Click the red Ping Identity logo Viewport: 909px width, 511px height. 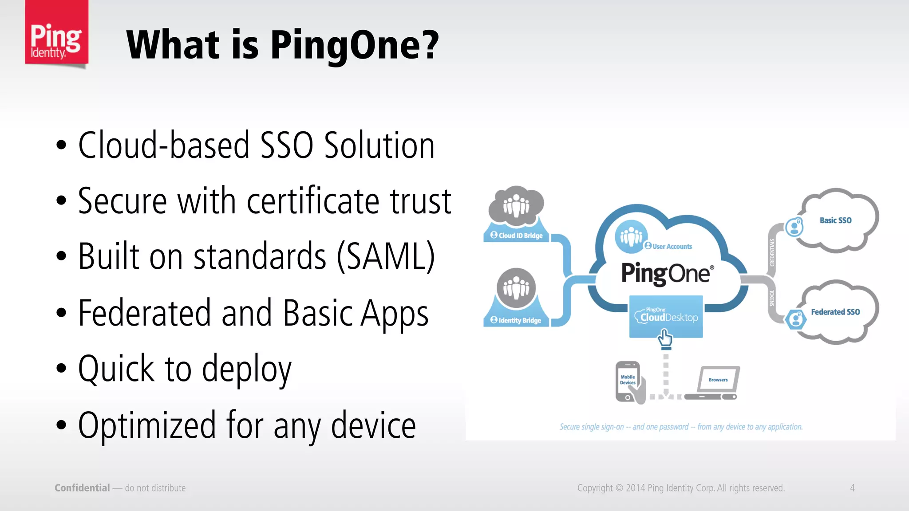[56, 33]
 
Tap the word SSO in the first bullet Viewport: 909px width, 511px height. [286, 145]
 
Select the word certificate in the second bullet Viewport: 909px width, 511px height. [313, 201]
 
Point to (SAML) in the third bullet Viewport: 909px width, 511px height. [386, 256]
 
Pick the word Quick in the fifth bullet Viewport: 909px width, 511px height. [116, 369]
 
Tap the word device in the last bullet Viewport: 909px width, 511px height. [373, 425]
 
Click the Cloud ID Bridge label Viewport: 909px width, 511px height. [517, 236]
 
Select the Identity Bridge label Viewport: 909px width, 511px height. [516, 320]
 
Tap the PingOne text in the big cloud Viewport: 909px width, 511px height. [666, 273]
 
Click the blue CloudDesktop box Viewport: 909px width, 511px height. [666, 316]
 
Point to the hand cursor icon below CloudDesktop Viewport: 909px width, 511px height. [665, 338]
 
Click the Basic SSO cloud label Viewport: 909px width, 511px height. [835, 220]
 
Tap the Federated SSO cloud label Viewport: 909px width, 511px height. [835, 312]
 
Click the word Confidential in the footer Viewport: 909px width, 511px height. [82, 488]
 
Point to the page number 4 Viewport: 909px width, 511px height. [852, 488]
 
